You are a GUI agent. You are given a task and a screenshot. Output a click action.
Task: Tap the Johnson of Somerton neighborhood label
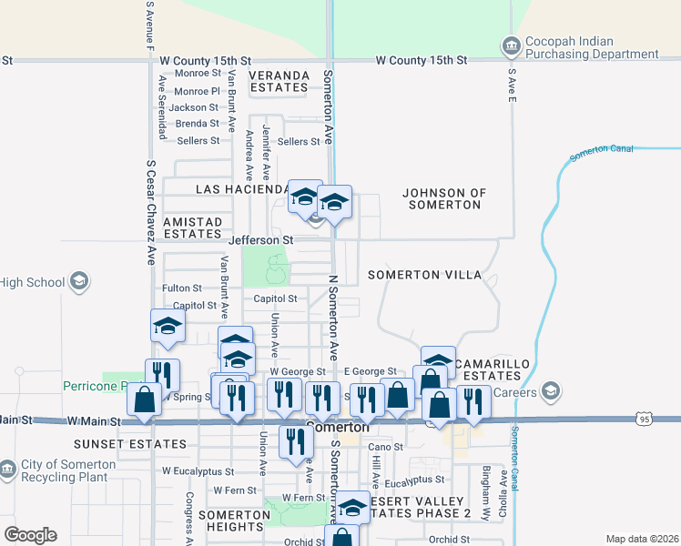click(x=444, y=199)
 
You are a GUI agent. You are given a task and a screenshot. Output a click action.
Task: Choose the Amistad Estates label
click(x=192, y=227)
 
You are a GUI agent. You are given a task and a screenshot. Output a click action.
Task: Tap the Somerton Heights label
click(x=234, y=521)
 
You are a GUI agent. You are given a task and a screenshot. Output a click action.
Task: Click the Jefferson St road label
click(x=261, y=240)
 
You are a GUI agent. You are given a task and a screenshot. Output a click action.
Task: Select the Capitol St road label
click(x=276, y=298)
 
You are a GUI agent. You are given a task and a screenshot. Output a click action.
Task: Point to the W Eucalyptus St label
click(x=198, y=472)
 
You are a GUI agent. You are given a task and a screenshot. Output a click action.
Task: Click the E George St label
click(x=371, y=371)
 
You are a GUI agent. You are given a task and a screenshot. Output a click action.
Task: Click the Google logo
click(x=30, y=535)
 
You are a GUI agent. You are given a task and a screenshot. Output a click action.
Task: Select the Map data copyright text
click(x=642, y=539)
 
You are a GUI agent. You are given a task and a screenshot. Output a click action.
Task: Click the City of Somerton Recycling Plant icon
click(x=7, y=470)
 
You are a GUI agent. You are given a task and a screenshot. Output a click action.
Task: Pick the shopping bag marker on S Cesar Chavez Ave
click(x=145, y=400)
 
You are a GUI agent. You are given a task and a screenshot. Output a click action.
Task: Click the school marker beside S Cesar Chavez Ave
click(x=168, y=327)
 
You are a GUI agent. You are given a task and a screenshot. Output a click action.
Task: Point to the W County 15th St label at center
click(x=422, y=60)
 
